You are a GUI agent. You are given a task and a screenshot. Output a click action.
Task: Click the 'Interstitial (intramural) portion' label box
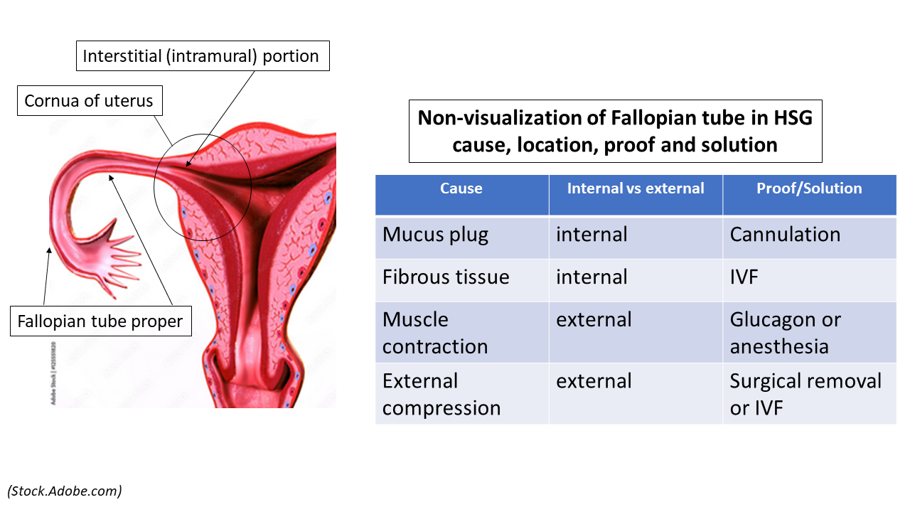pyautogui.click(x=203, y=56)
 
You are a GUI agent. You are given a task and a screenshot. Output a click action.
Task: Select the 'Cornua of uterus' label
pyautogui.click(x=89, y=101)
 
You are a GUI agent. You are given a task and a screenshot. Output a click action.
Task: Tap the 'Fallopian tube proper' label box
pyautogui.click(x=100, y=322)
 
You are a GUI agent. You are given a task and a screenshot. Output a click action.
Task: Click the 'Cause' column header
pyautogui.click(x=461, y=189)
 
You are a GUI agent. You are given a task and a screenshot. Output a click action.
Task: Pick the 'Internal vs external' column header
pyautogui.click(x=636, y=189)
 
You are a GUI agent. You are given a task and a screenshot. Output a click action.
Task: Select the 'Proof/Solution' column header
pyautogui.click(x=809, y=189)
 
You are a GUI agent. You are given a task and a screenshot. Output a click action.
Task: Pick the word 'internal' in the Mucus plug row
pyautogui.click(x=591, y=235)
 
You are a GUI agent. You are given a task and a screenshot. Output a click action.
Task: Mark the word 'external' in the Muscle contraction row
pyautogui.click(x=594, y=320)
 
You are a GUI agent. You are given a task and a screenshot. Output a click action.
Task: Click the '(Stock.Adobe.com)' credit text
pyautogui.click(x=65, y=491)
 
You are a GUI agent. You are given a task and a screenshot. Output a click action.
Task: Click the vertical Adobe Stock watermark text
pyautogui.click(x=54, y=373)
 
